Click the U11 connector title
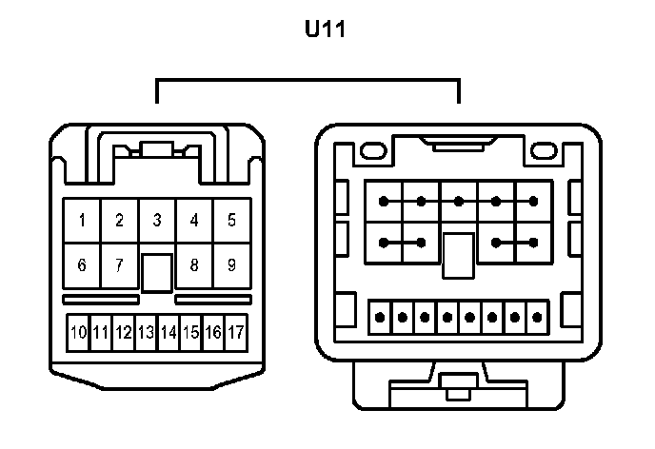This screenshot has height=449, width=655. click(325, 29)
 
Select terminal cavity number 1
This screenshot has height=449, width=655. click(82, 221)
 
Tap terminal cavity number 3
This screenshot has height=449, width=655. click(157, 221)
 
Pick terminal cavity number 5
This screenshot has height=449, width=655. click(231, 221)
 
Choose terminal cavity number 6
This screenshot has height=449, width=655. click(82, 265)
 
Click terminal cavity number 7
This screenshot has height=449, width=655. click(119, 265)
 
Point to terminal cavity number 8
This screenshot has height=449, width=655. click(194, 265)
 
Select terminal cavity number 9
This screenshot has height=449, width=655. click(231, 265)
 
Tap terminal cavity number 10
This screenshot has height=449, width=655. click(78, 333)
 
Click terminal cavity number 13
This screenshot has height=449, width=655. click(146, 333)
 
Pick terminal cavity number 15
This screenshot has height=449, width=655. click(190, 333)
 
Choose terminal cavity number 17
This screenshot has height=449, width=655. click(235, 333)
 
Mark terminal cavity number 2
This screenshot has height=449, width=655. click(119, 221)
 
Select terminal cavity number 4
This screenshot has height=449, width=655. click(194, 221)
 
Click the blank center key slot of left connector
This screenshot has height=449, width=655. click(157, 271)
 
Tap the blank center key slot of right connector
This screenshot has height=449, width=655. click(458, 255)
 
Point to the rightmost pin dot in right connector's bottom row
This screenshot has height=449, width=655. click(540, 317)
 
